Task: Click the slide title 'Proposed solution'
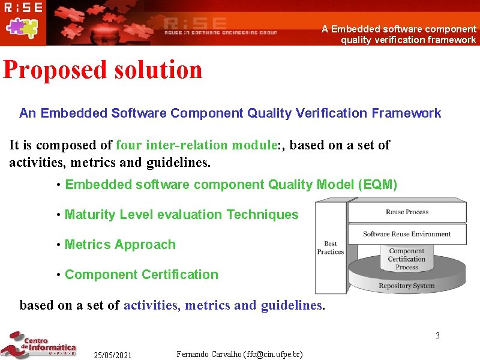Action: pos(103,70)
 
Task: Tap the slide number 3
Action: pos(437,335)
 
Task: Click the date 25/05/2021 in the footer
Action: pos(112,355)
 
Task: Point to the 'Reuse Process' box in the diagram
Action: pos(407,212)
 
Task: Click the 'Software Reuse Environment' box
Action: pos(407,234)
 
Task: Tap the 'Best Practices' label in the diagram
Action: pos(330,248)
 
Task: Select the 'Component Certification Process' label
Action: pos(406,259)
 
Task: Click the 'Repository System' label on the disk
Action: pos(406,286)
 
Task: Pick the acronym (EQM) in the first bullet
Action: pos(377,185)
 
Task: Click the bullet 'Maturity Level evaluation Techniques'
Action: pos(181,215)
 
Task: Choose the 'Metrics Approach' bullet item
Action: pos(120,245)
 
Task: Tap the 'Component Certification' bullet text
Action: pos(141,275)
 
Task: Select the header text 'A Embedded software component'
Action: pos(399,29)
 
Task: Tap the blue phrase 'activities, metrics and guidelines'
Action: pos(223,305)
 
